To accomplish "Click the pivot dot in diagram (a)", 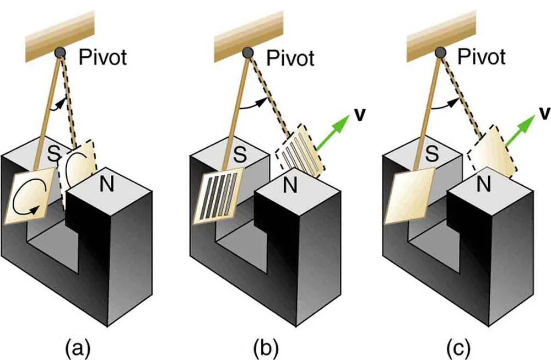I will point(60,51).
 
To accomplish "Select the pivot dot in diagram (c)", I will point(441,52).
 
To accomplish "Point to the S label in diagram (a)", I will point(53,154).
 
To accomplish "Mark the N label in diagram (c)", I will point(484,185).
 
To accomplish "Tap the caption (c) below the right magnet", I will point(458,348).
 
